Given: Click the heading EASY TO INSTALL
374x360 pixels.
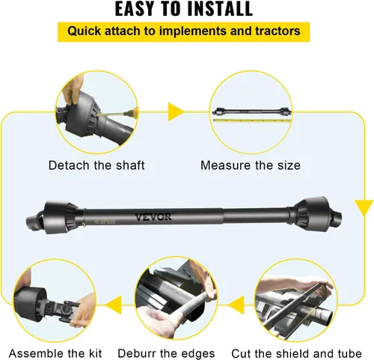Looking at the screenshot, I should [183, 10].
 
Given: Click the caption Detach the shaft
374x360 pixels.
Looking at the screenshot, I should [96, 165].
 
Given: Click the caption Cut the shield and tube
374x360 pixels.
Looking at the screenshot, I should [307, 353].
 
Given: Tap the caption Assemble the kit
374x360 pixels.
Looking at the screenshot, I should [55, 353].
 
